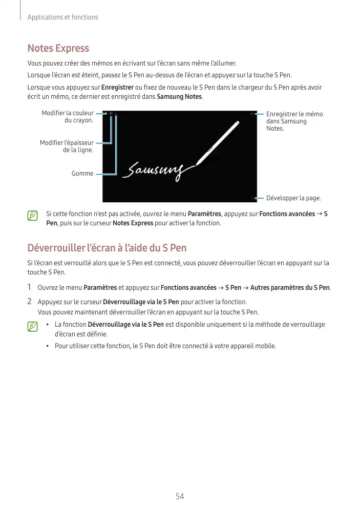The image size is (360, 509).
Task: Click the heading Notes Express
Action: tap(58, 49)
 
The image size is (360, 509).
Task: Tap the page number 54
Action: tap(180, 496)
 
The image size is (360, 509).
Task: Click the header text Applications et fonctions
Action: tap(62, 17)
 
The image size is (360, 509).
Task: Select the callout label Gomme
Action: tap(82, 174)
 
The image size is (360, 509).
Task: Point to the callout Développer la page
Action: tap(293, 198)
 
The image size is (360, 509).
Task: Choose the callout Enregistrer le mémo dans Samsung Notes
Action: tap(294, 121)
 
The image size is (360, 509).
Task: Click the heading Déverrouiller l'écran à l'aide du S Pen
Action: tap(107, 248)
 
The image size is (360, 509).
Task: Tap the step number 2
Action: tap(30, 302)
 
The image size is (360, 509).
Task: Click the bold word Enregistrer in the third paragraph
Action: tap(118, 87)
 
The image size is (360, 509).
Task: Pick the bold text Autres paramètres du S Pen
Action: tap(290, 288)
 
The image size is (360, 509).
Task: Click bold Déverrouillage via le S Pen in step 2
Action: tap(141, 302)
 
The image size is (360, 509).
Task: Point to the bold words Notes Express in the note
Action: tap(133, 223)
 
